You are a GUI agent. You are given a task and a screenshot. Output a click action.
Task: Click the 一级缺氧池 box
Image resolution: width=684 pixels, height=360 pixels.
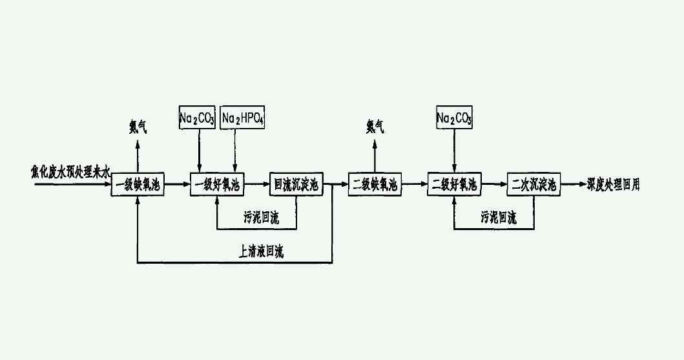(138, 185)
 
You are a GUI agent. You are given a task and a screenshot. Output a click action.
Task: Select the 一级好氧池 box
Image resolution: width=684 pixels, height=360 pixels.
(217, 185)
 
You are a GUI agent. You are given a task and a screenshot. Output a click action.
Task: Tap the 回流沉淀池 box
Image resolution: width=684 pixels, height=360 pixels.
(296, 185)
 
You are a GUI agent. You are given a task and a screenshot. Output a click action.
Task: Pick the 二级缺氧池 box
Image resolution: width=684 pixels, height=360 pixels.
(375, 185)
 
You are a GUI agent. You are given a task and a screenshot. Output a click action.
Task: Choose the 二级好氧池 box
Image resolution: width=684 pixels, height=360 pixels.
(454, 185)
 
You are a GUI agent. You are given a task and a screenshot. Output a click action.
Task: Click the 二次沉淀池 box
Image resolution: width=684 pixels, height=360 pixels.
(534, 185)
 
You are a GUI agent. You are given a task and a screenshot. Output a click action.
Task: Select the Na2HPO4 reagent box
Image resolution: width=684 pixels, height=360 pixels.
(244, 118)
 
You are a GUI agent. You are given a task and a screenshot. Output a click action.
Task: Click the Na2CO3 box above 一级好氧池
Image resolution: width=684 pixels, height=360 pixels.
(197, 118)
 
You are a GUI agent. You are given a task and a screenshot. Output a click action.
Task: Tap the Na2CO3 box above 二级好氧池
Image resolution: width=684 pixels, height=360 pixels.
(454, 118)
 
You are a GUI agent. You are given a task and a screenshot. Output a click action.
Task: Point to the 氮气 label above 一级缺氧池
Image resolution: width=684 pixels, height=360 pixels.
(138, 127)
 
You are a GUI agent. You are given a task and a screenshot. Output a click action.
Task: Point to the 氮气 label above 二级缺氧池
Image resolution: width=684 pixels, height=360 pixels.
(375, 127)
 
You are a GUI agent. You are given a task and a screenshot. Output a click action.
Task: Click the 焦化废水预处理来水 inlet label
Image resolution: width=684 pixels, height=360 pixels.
(71, 171)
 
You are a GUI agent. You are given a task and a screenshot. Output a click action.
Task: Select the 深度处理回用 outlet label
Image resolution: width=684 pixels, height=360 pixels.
(614, 184)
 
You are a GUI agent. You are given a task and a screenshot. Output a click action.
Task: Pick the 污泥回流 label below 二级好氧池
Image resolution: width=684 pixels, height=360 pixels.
(498, 218)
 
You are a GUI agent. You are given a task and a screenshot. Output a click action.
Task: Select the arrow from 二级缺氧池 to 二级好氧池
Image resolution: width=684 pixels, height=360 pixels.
(414, 185)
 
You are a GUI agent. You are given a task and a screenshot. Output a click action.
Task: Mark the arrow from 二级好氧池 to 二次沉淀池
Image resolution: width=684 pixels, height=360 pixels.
(493, 185)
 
